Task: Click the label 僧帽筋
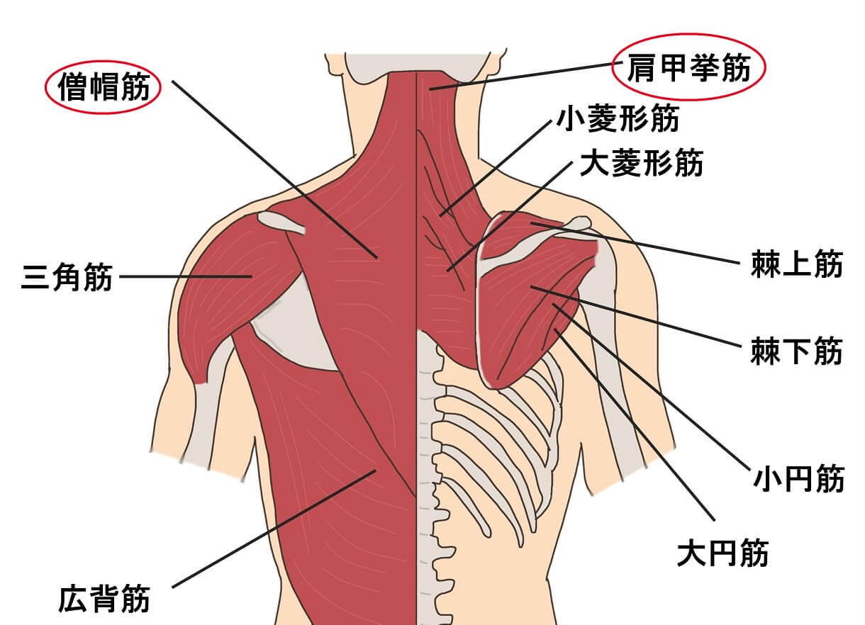pyautogui.click(x=104, y=87)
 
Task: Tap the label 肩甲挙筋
pyautogui.click(x=689, y=67)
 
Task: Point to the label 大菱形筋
pyautogui.click(x=642, y=162)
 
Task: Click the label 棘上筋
pyautogui.click(x=797, y=264)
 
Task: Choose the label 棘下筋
pyautogui.click(x=797, y=351)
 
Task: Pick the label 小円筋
pyautogui.click(x=799, y=479)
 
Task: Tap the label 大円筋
pyautogui.click(x=723, y=553)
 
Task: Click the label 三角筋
pyautogui.click(x=67, y=277)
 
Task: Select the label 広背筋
pyautogui.click(x=104, y=598)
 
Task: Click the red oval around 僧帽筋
pyautogui.click(x=45, y=87)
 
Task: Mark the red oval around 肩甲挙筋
pyautogui.click(x=613, y=67)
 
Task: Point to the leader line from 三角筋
pyautogui.click(x=186, y=276)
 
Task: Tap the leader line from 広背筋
pyautogui.click(x=274, y=529)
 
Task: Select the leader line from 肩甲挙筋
pyautogui.click(x=526, y=76)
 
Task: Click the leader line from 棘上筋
pyautogui.click(x=635, y=243)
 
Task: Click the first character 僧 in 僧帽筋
pyautogui.click(x=72, y=87)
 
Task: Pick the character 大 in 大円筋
pyautogui.click(x=693, y=553)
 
